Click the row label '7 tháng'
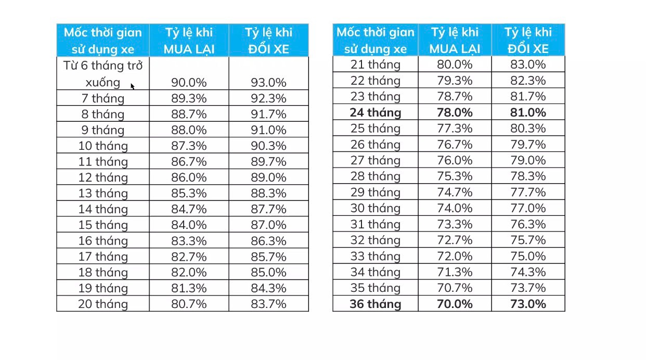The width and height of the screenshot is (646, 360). point(103,98)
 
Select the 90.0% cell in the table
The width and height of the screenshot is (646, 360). point(189,82)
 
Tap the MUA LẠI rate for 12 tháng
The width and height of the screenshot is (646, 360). point(189,177)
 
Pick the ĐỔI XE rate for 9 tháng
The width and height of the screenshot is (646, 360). point(268,130)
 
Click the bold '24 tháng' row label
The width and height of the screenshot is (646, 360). point(376,112)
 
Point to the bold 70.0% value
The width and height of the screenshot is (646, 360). point(455,304)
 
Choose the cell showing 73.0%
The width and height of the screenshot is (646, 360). point(528,304)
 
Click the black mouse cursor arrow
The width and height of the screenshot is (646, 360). point(133,86)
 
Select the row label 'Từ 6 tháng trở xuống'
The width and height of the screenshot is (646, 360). point(103,74)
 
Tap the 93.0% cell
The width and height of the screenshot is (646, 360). point(268,82)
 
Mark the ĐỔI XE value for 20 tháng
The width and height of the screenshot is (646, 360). point(268,304)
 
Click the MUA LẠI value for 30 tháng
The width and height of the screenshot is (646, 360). point(455,208)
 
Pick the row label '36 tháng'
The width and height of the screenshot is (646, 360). point(376,304)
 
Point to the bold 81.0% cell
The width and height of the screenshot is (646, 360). point(528,112)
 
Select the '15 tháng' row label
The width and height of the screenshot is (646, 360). point(103,225)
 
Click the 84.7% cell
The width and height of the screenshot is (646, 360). point(189,209)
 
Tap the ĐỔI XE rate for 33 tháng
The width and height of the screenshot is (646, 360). point(528,256)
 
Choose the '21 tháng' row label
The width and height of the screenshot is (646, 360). point(376,65)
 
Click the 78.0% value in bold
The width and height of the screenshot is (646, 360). point(455,112)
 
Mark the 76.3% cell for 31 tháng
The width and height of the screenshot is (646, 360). point(528,224)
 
